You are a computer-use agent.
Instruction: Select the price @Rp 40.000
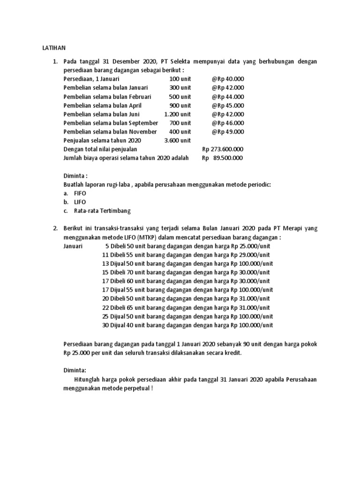(x=228, y=79)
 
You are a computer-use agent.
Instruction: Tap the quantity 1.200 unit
(x=178, y=114)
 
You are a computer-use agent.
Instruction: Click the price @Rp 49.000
(x=228, y=132)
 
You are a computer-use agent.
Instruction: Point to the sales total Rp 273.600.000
(x=223, y=149)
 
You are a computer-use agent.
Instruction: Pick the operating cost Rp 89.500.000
(x=223, y=158)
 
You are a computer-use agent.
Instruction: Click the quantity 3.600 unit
(x=178, y=140)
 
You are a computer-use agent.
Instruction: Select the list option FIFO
(x=80, y=193)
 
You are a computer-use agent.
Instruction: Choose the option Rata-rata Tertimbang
(x=102, y=210)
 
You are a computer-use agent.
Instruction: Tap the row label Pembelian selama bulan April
(x=102, y=105)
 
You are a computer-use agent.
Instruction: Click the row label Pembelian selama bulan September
(x=111, y=123)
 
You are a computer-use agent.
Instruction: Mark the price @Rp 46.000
(x=228, y=123)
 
